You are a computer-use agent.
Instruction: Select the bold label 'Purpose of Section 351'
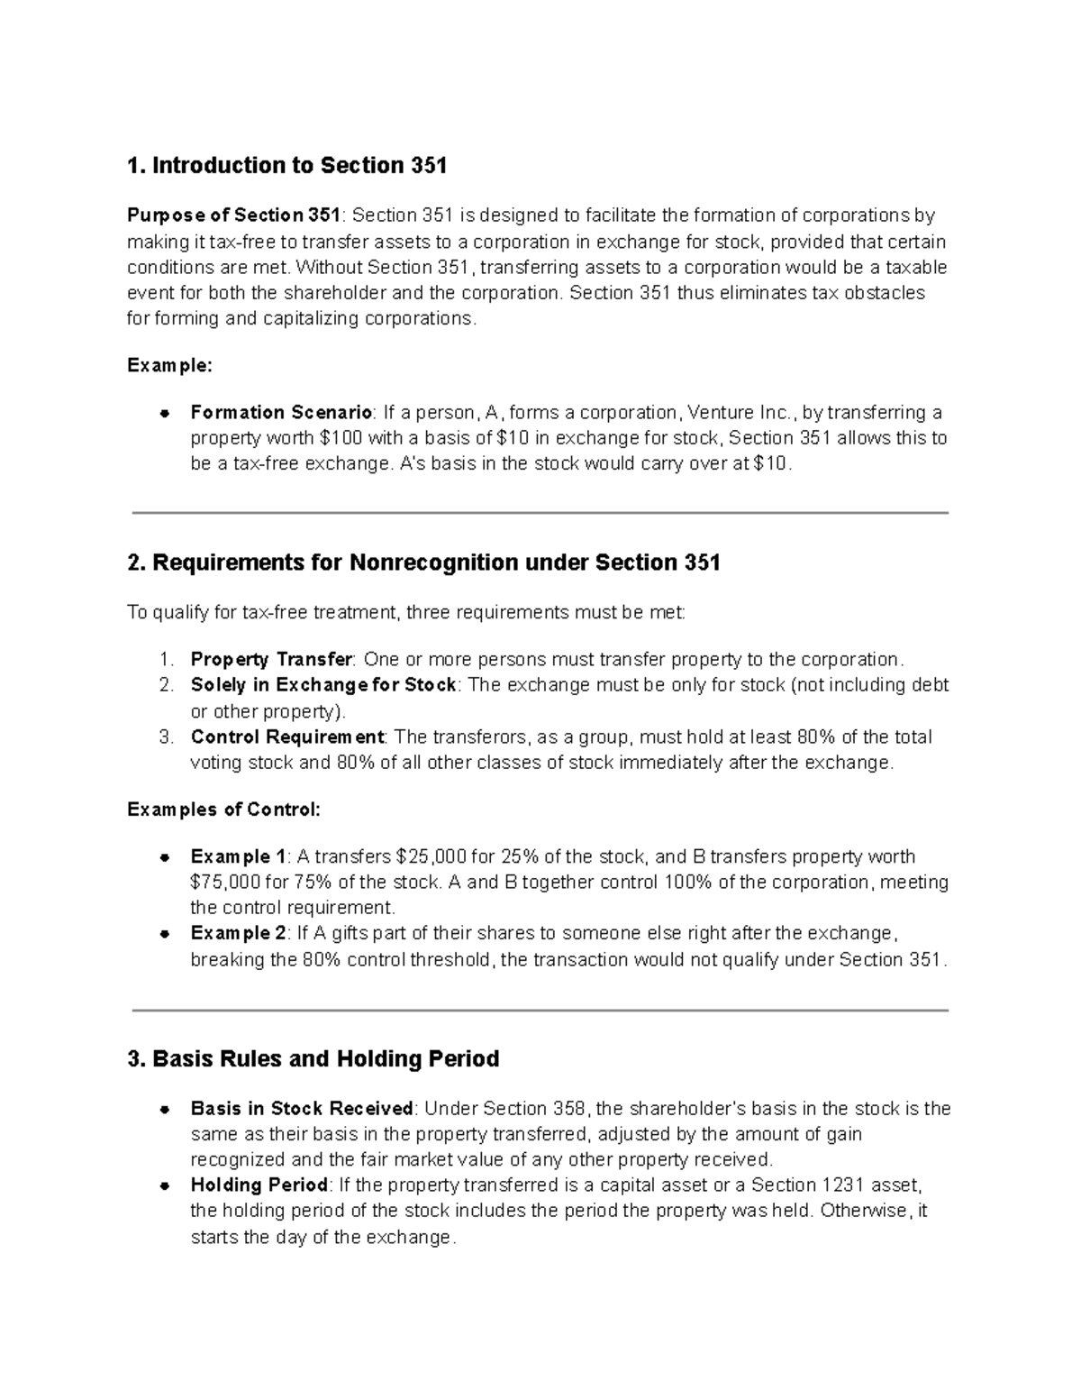coord(233,215)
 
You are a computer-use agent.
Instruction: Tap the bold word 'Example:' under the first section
coord(169,365)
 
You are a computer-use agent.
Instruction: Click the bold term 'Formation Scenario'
coord(281,413)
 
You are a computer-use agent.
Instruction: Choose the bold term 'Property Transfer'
coord(271,659)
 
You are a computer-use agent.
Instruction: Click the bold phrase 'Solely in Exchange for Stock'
coord(323,685)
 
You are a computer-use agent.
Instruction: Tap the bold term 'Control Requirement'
coord(287,737)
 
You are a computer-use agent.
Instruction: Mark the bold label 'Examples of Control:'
coord(223,810)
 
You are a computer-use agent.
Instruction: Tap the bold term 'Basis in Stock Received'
coord(302,1109)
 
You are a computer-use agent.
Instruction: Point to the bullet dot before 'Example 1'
coord(165,857)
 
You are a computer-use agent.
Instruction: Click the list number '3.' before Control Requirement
coord(166,737)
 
